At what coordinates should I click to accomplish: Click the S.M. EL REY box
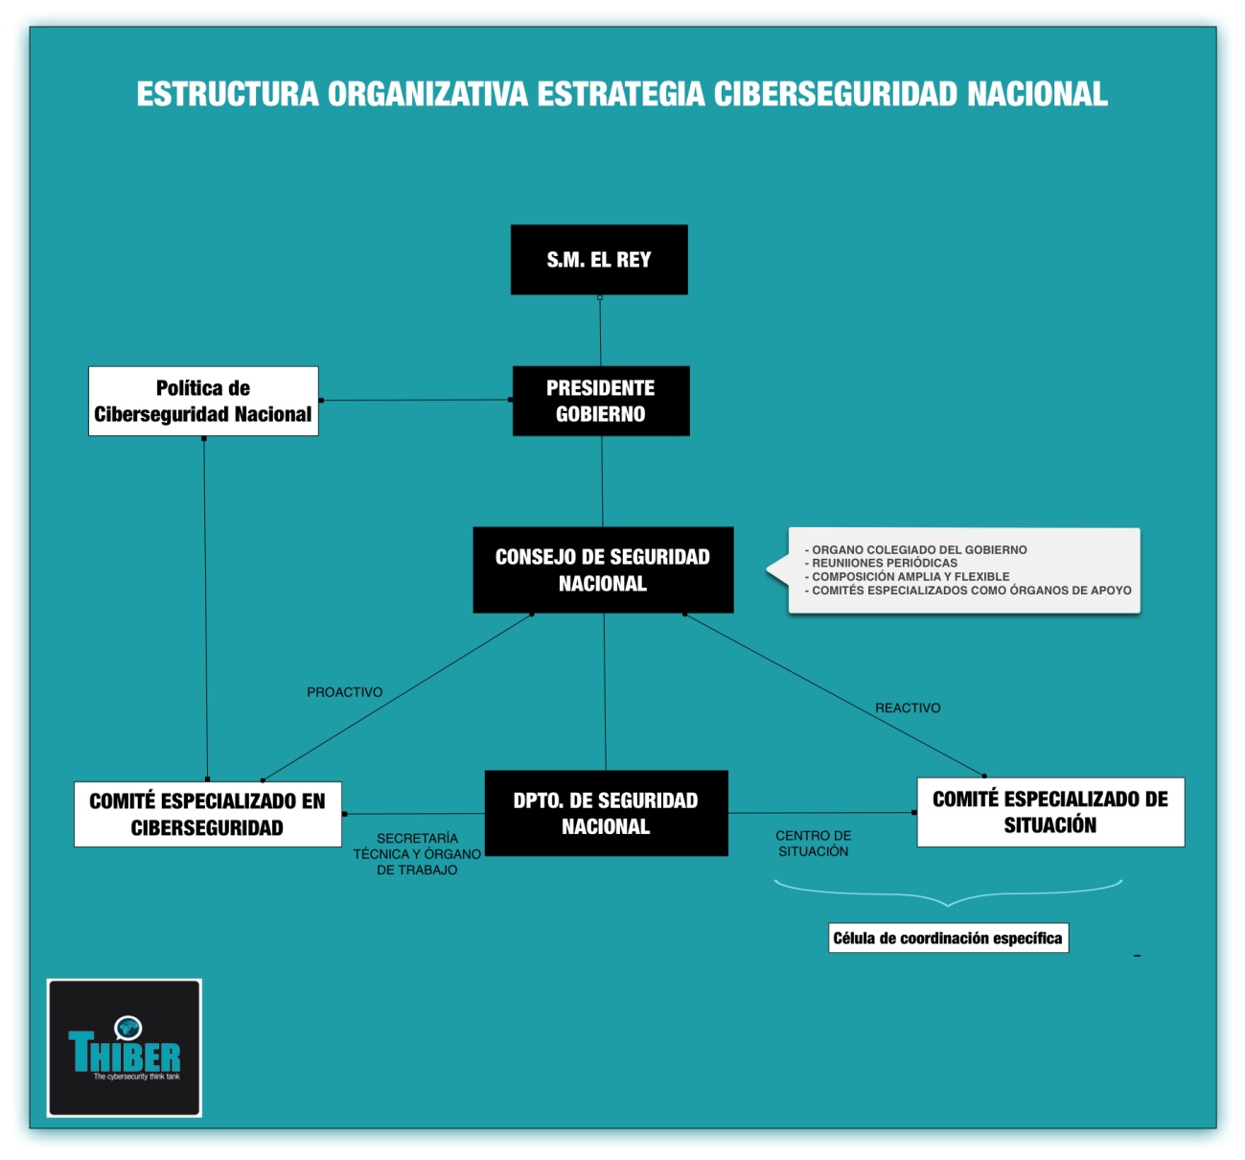(599, 260)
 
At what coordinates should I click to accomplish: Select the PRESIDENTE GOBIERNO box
(601, 401)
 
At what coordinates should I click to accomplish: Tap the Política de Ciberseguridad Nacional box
(203, 401)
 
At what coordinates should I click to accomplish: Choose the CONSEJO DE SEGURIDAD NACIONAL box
(603, 569)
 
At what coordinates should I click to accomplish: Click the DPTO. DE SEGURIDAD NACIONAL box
(606, 813)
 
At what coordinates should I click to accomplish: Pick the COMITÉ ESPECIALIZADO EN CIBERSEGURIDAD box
(207, 814)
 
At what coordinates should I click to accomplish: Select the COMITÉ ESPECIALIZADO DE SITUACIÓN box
(1050, 812)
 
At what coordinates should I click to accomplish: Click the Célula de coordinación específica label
(948, 938)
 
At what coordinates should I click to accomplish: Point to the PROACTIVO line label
(344, 692)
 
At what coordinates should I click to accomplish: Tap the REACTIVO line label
(908, 708)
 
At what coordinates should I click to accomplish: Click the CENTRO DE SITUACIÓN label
(813, 844)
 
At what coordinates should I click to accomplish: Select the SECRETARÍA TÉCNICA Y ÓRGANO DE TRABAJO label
(417, 853)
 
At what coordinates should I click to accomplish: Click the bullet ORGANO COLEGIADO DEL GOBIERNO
(918, 549)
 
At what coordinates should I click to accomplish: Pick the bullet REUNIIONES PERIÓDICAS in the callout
(884, 563)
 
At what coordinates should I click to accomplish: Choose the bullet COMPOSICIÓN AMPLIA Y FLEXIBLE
(910, 576)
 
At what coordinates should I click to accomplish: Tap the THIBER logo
(125, 1055)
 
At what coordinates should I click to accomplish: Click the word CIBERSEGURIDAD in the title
(836, 94)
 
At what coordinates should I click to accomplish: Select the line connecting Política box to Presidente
(415, 400)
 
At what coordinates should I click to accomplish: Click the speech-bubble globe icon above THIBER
(127, 1028)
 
